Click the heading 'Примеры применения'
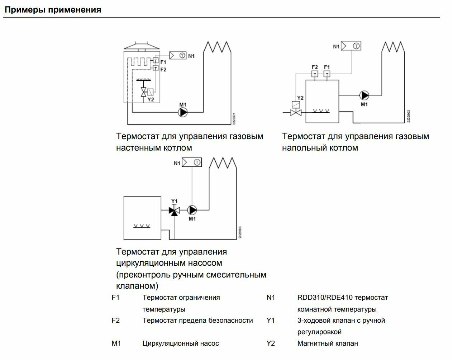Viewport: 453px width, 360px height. pyautogui.click(x=53, y=10)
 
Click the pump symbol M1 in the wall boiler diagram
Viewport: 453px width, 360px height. pyautogui.click(x=183, y=113)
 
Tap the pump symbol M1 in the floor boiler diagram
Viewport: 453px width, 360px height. pyautogui.click(x=364, y=95)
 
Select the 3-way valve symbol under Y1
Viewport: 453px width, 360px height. pyautogui.click(x=174, y=210)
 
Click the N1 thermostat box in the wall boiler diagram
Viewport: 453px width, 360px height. pyautogui.click(x=178, y=55)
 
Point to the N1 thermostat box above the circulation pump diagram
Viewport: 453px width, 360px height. pyautogui.click(x=192, y=162)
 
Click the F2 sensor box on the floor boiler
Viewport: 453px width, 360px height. pyautogui.click(x=315, y=74)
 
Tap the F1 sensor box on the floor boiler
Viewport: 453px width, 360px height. pyautogui.click(x=326, y=74)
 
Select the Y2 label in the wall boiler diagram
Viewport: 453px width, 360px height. pyautogui.click(x=151, y=99)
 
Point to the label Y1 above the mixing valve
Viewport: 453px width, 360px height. pyautogui.click(x=174, y=201)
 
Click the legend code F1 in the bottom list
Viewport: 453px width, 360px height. pyautogui.click(x=115, y=298)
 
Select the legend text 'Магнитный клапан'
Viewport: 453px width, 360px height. pyautogui.click(x=328, y=344)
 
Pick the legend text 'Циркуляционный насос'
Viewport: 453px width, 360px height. pyautogui.click(x=181, y=344)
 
